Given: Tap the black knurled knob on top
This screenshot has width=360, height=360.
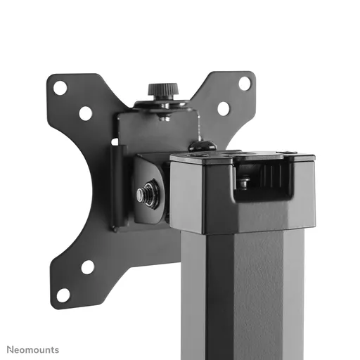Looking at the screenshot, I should (162, 91).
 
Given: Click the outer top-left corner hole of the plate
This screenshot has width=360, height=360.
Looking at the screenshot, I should (60, 88).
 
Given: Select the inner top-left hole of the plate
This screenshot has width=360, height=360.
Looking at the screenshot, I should (85, 112).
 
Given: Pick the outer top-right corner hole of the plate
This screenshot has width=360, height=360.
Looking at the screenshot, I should (244, 83).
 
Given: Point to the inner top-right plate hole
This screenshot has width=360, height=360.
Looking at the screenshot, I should (223, 108).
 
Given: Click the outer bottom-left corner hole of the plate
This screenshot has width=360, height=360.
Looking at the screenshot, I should (63, 295).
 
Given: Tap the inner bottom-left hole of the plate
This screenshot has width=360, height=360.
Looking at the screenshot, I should (87, 267).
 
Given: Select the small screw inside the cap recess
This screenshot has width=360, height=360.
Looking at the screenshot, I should (243, 183).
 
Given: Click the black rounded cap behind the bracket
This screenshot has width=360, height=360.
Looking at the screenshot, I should (202, 146).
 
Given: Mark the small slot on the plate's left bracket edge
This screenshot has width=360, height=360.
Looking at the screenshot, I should (114, 142).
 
